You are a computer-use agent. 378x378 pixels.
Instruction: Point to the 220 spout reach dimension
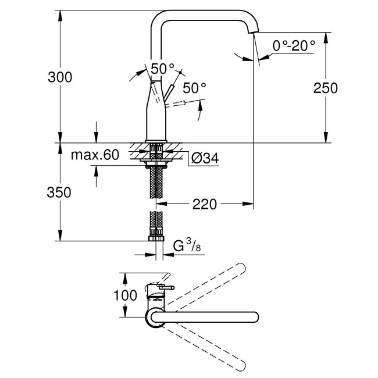pos(205,204)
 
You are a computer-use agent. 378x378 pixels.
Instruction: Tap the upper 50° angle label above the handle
pos(163,68)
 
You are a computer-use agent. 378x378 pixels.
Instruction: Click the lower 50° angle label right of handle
pos(194,88)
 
